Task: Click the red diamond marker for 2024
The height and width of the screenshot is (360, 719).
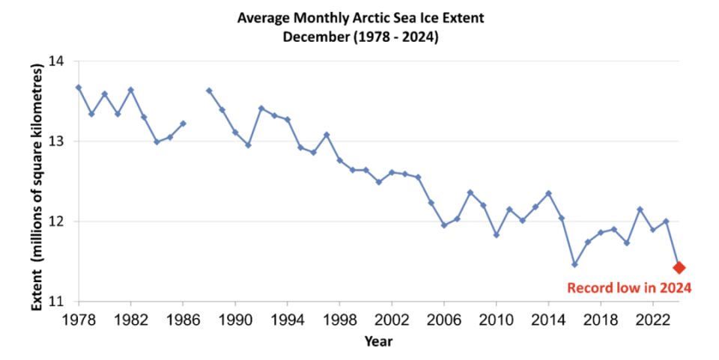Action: tap(679, 267)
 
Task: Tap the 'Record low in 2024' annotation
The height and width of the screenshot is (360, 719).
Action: tap(628, 287)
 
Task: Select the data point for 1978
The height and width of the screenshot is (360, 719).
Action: tap(79, 88)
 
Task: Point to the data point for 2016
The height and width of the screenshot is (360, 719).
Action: tap(574, 264)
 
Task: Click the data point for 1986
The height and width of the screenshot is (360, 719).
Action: tap(183, 123)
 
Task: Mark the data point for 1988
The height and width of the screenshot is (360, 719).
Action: tap(209, 91)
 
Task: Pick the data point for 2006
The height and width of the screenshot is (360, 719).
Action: tap(444, 225)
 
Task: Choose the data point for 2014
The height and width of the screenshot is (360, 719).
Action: tap(548, 193)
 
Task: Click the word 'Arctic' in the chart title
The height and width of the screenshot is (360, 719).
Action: tap(374, 16)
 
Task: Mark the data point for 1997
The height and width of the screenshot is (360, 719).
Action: tap(327, 135)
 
